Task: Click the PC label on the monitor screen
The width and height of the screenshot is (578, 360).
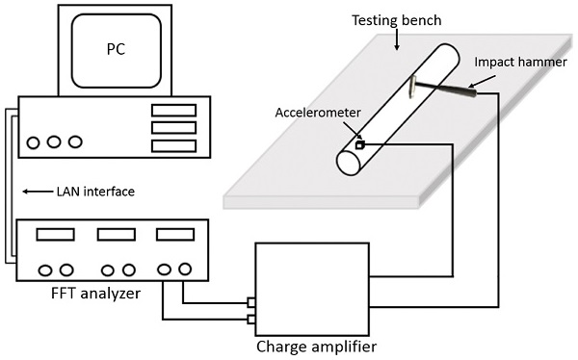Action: click(x=117, y=49)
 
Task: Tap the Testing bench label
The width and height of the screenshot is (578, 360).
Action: click(x=397, y=20)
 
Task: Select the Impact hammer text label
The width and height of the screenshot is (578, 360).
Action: click(x=520, y=62)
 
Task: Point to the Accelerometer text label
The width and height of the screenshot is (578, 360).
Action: click(x=318, y=113)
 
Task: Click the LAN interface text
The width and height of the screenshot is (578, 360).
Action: click(x=95, y=192)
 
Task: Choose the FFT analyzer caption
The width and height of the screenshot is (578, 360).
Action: click(x=95, y=294)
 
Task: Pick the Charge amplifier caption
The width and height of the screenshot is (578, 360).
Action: click(x=316, y=347)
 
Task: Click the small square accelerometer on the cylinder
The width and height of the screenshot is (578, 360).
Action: click(x=359, y=145)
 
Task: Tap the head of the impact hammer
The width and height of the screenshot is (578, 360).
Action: click(x=412, y=87)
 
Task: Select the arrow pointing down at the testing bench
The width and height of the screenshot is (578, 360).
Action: click(x=397, y=39)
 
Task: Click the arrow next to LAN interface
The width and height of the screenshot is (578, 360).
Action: click(x=38, y=192)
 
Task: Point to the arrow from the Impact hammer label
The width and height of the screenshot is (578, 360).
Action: click(x=482, y=82)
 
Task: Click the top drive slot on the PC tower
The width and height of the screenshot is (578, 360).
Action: click(x=173, y=111)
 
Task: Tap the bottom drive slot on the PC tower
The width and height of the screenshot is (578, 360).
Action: click(x=173, y=146)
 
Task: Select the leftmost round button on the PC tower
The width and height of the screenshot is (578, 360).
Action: click(x=33, y=143)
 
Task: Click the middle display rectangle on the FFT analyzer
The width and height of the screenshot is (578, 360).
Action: click(x=117, y=234)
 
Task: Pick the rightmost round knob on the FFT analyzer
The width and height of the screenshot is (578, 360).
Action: click(x=185, y=269)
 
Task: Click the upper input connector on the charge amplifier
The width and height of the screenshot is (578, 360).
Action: click(x=251, y=303)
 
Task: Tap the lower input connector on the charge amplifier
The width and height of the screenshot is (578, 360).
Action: click(x=251, y=320)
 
